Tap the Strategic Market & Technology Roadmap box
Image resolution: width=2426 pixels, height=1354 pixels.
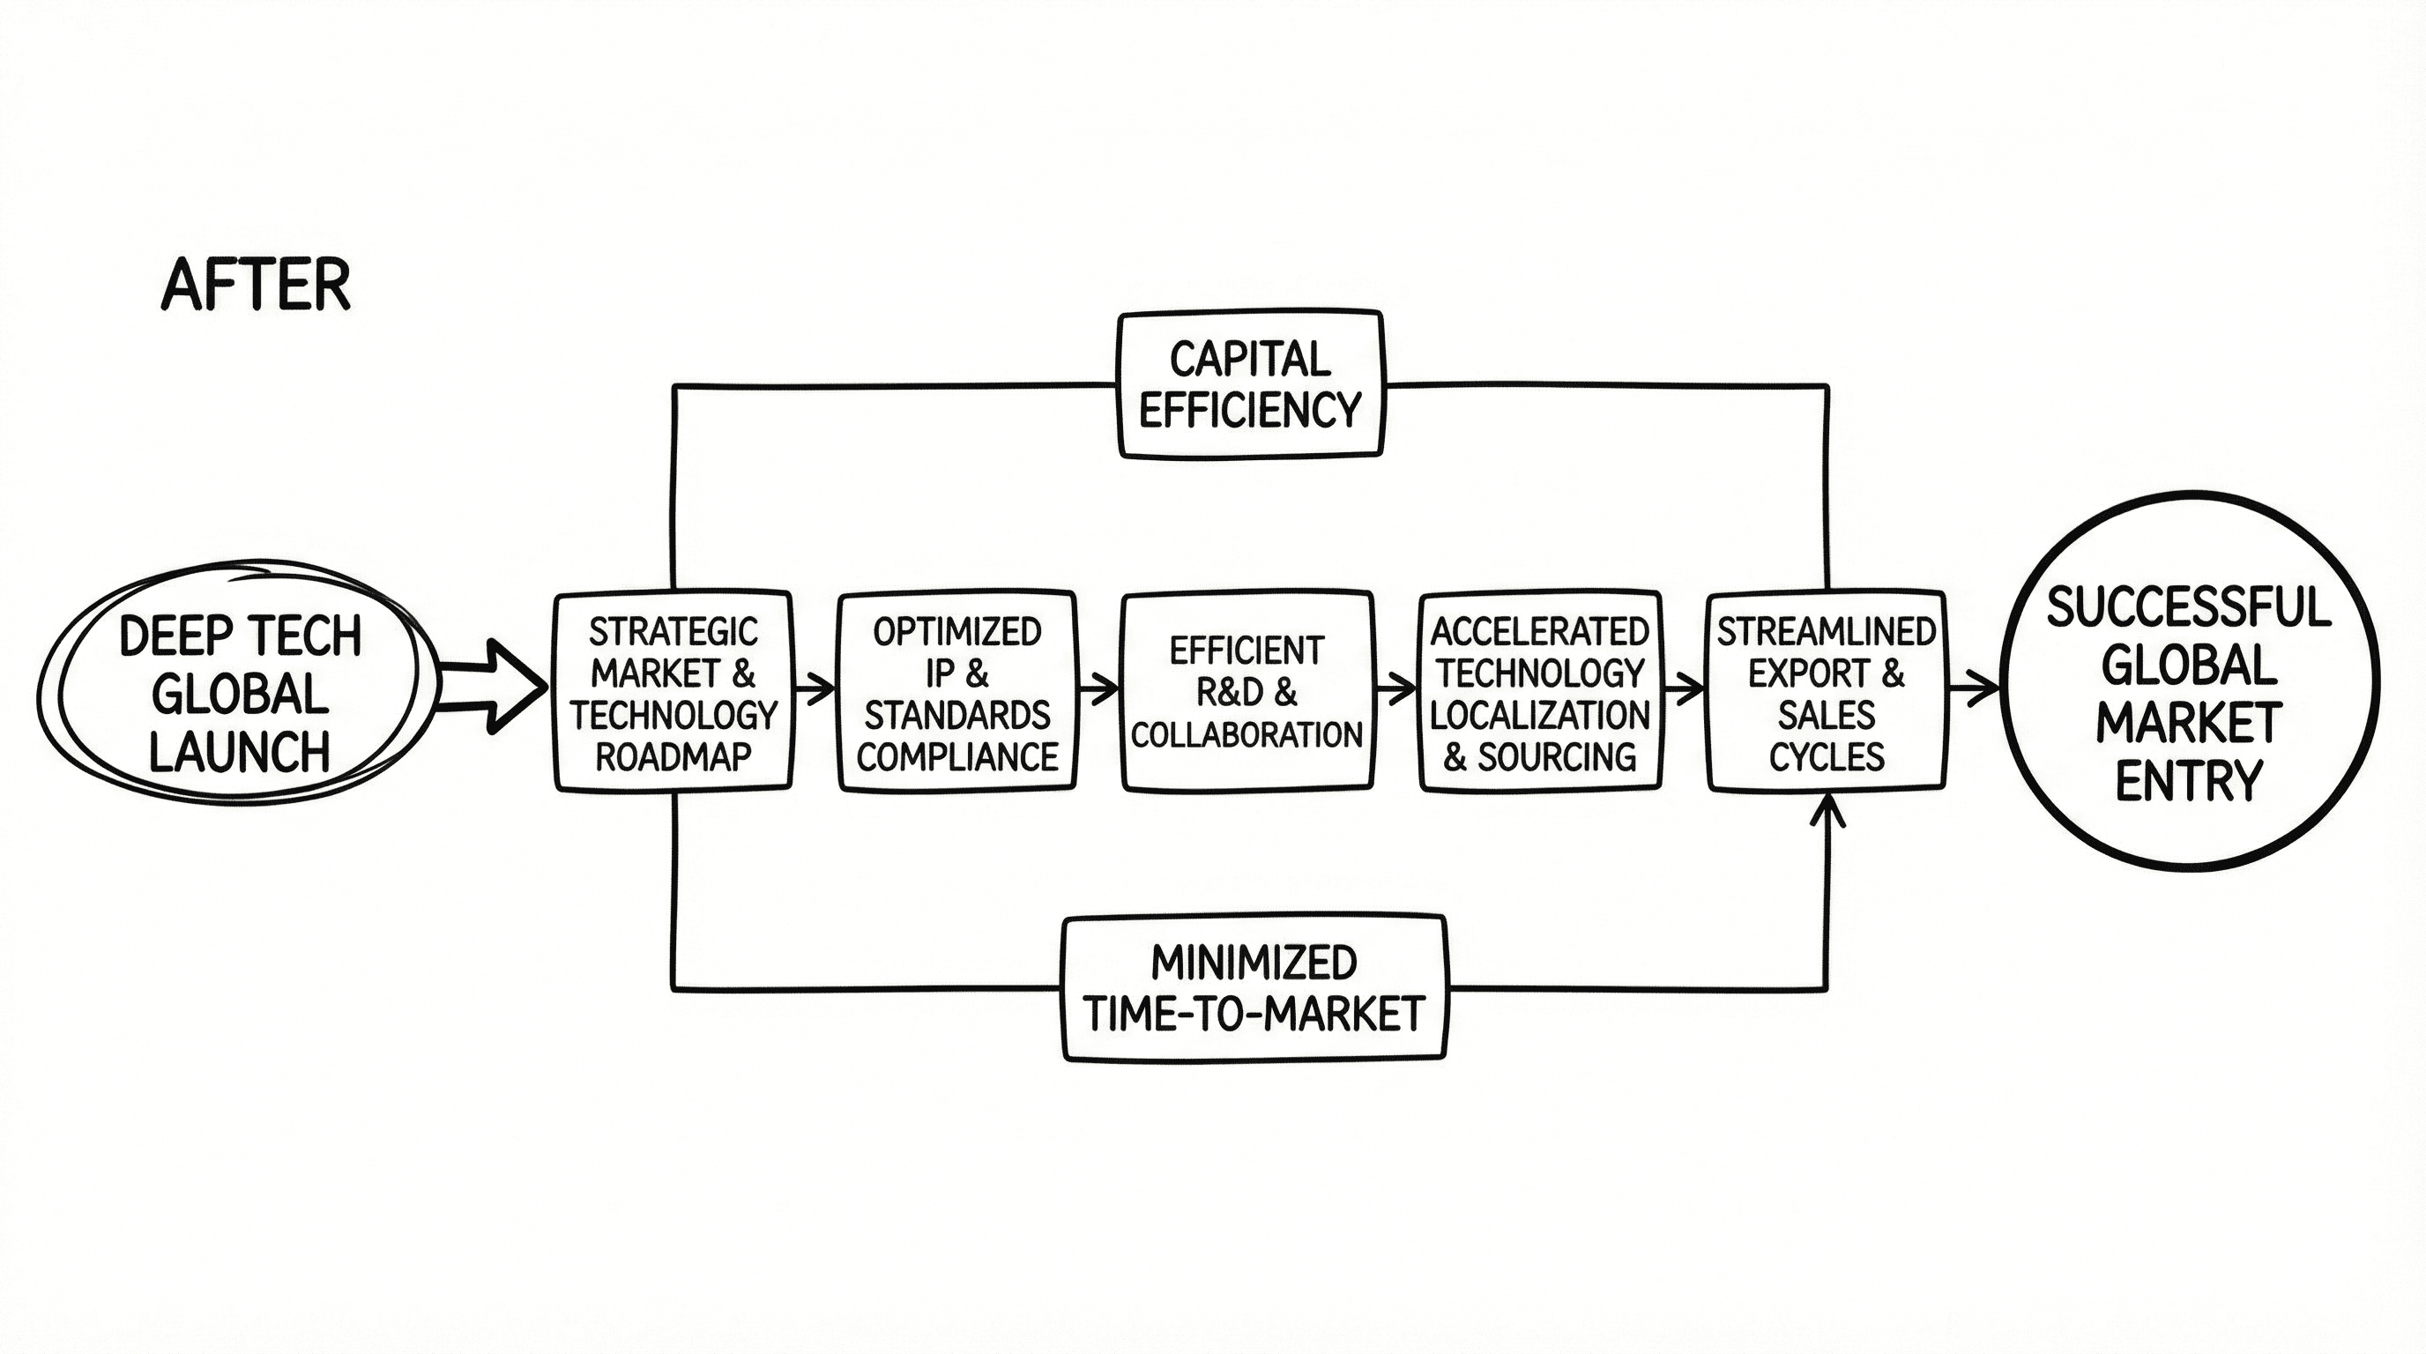673,692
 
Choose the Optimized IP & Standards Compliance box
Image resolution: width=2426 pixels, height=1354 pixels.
956,692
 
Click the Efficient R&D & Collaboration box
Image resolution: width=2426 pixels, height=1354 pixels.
1246,692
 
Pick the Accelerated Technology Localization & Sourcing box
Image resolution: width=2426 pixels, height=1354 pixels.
1540,692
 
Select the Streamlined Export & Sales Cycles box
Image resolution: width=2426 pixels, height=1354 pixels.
1826,692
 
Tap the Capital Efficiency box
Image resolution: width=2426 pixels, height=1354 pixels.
1251,384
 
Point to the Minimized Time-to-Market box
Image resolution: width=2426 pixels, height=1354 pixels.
1254,989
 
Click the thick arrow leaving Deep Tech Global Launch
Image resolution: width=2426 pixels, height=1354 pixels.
495,688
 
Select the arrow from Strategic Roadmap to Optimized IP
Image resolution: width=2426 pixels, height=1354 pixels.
815,689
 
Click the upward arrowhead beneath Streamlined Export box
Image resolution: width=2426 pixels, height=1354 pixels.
1827,810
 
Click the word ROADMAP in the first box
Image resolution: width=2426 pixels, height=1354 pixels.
673,756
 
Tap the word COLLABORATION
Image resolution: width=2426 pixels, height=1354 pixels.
1246,734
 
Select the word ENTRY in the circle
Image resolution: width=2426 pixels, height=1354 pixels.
2189,782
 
